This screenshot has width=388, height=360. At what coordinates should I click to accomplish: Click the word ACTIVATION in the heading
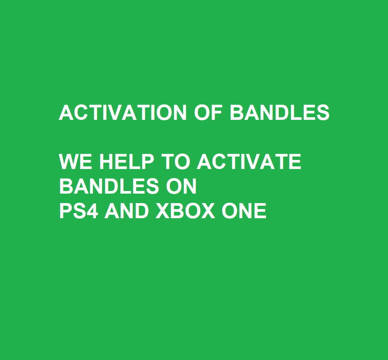[x=123, y=112]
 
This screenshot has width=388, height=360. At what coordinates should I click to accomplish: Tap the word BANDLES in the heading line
[x=279, y=112]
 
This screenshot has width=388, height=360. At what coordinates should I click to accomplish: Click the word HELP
[x=127, y=161]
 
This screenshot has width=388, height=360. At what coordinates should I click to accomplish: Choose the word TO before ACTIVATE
[x=176, y=161]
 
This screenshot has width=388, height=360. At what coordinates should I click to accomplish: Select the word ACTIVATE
[x=249, y=161]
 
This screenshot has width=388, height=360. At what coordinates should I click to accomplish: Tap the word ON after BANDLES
[x=181, y=186]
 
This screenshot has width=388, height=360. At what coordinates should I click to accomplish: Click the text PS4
[x=79, y=211]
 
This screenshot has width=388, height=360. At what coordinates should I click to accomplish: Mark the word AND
[x=126, y=211]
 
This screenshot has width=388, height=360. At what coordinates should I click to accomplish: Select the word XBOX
[x=185, y=211]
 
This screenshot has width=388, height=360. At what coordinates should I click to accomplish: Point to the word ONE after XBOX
[x=244, y=211]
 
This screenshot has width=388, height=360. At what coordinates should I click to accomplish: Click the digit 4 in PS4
[x=93, y=211]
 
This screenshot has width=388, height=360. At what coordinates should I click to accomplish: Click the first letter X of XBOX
[x=162, y=211]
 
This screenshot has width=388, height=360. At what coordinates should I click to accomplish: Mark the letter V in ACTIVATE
[x=252, y=161]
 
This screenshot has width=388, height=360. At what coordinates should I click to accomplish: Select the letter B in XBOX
[x=177, y=211]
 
